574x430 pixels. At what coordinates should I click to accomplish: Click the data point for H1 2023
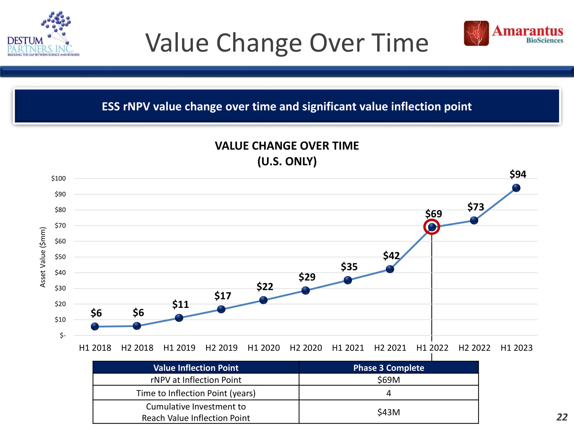[x=516, y=188]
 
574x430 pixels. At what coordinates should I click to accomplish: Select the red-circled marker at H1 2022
[x=432, y=227]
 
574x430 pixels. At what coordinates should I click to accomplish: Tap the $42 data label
[x=391, y=255]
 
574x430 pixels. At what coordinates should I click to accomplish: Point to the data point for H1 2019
[x=179, y=318]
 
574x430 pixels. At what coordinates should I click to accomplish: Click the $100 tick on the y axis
[x=59, y=178]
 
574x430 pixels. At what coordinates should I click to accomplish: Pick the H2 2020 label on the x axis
[x=306, y=348]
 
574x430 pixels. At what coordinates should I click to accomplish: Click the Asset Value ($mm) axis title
[x=43, y=257]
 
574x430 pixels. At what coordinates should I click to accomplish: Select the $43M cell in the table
[x=389, y=412]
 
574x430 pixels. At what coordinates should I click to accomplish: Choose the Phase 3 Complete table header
[x=389, y=368]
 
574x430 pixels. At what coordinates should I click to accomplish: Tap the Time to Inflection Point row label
[x=196, y=393]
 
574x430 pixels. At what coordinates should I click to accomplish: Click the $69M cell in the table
[x=389, y=380]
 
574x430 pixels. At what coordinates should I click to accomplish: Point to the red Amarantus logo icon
[x=476, y=33]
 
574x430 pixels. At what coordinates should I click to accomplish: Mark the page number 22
[x=562, y=417]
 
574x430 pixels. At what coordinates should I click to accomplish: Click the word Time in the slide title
[x=400, y=43]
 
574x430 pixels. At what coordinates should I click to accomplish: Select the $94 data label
[x=518, y=174]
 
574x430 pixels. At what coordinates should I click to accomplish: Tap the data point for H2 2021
[x=390, y=269]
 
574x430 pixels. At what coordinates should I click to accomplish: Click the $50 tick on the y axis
[x=60, y=257]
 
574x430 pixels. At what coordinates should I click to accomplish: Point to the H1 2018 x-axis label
[x=95, y=348]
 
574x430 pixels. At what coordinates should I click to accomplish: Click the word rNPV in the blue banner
[x=136, y=107]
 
